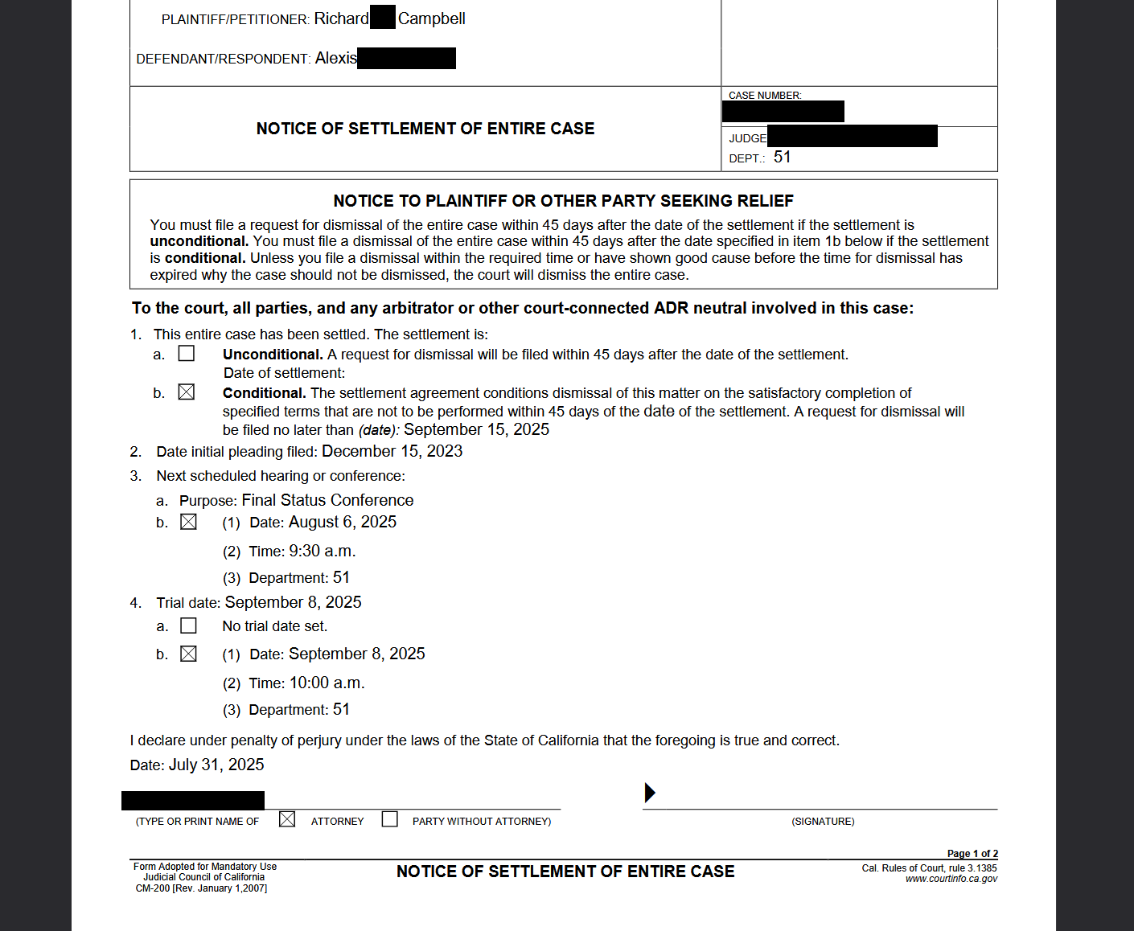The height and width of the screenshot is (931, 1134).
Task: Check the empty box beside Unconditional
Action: (x=187, y=354)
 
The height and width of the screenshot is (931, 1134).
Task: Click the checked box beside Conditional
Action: (x=187, y=392)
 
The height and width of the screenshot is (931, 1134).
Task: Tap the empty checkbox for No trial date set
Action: (x=189, y=625)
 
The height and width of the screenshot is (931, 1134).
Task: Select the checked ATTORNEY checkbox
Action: (x=287, y=819)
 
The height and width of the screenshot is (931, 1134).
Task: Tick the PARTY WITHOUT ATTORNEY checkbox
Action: (x=390, y=819)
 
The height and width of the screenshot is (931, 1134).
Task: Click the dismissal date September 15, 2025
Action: (x=476, y=430)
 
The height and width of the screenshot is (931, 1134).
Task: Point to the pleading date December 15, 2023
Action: (x=392, y=452)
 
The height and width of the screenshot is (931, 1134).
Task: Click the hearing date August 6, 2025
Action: (x=343, y=523)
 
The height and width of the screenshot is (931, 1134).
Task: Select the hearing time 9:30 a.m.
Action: (x=322, y=552)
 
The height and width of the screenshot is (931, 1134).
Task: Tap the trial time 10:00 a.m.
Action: (x=327, y=683)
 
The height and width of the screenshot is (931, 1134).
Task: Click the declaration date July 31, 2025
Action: (x=216, y=765)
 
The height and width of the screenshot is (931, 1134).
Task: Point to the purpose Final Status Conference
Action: (x=327, y=501)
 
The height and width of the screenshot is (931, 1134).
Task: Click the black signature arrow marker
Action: (x=650, y=793)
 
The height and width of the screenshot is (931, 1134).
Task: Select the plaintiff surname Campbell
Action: (x=431, y=18)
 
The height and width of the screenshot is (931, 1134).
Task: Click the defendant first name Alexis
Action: (x=336, y=58)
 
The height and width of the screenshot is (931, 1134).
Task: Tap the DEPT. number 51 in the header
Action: (x=783, y=158)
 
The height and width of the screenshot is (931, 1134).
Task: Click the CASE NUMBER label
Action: (x=765, y=96)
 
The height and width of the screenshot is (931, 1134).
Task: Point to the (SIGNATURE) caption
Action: (x=823, y=822)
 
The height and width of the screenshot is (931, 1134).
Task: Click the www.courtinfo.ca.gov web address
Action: (x=951, y=879)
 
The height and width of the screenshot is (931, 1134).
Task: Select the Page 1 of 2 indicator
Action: (x=972, y=854)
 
